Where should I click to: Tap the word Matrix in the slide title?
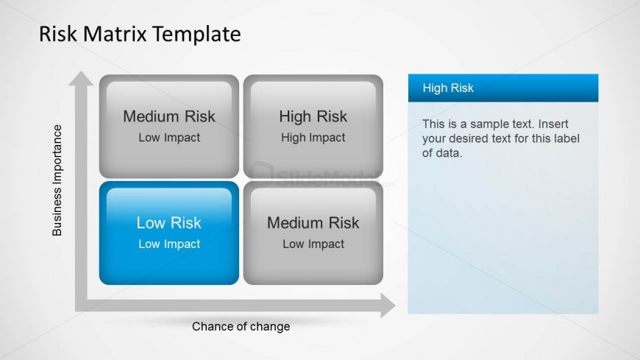[115, 34]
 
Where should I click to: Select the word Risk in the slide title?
[58, 34]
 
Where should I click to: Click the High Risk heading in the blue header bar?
[448, 88]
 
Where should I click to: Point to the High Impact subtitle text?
[313, 138]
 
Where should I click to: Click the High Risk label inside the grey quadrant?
[313, 116]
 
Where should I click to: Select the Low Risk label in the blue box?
[169, 223]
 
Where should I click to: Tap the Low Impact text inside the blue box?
[169, 244]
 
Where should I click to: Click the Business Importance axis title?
[57, 180]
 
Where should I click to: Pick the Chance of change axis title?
[241, 326]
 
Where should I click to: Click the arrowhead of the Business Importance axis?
[81, 79]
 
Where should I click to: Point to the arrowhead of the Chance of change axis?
[388, 306]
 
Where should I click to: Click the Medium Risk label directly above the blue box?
[169, 116]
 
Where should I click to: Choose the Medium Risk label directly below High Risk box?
[313, 223]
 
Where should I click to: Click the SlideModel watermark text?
[327, 177]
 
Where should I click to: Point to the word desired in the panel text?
[469, 138]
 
